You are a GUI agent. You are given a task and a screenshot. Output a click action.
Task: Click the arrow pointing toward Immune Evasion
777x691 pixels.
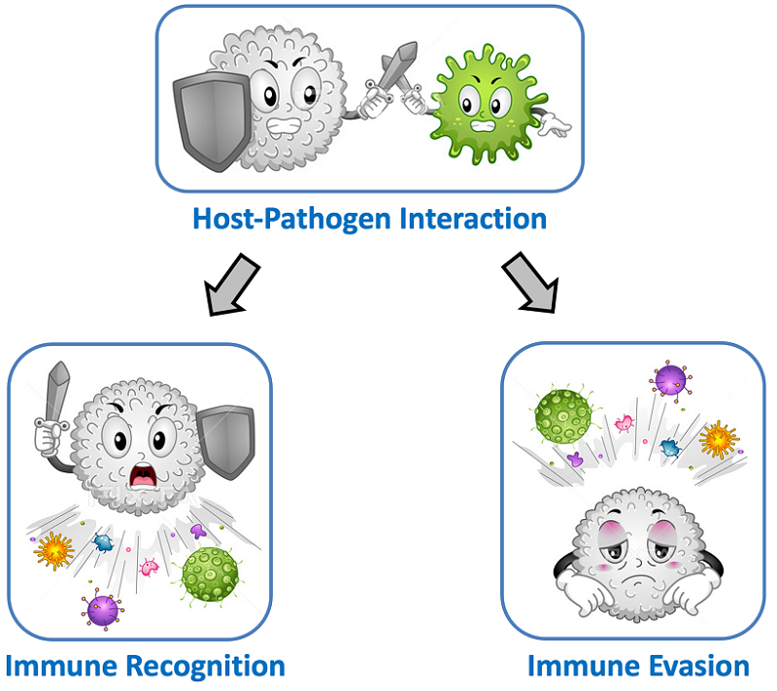[x=532, y=283]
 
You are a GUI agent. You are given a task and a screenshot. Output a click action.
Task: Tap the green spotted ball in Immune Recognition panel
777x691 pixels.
[x=210, y=573]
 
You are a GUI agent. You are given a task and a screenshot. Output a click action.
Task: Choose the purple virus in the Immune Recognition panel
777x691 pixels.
[x=102, y=609]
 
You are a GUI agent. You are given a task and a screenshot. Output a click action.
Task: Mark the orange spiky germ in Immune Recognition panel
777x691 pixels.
[x=54, y=551]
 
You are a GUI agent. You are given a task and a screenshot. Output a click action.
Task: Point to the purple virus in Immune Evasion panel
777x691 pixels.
[x=669, y=379]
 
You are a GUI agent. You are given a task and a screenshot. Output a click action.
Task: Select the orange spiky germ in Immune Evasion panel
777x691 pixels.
[x=719, y=439]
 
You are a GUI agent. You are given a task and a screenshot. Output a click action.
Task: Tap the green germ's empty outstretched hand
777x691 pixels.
[x=557, y=123]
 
